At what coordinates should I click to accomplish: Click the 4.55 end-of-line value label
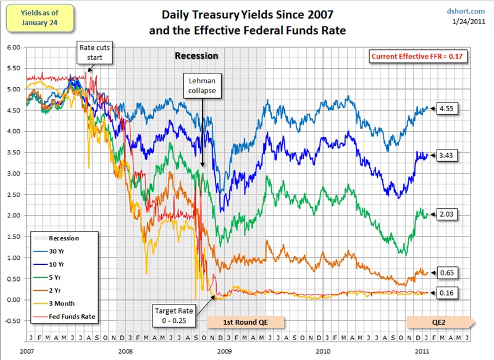(x=446, y=109)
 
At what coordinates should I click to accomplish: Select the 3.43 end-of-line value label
(x=446, y=155)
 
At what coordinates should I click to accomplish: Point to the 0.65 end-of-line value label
(x=446, y=272)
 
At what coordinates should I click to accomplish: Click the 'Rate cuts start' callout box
(x=94, y=52)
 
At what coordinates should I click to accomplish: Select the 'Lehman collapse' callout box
(x=201, y=86)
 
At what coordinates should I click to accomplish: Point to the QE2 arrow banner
(x=438, y=321)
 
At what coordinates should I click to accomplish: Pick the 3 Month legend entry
(x=61, y=304)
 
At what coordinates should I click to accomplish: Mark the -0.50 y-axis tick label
(x=12, y=321)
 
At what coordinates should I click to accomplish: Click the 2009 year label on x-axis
(x=224, y=350)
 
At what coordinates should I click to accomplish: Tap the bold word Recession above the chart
(x=196, y=56)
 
